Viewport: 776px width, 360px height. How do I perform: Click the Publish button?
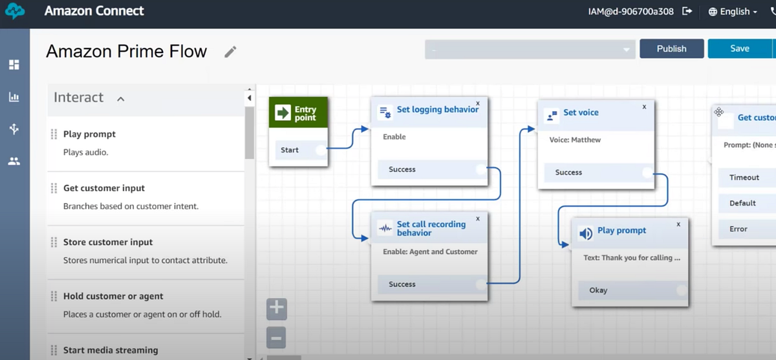click(x=671, y=49)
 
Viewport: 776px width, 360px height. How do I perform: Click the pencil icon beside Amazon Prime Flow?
click(x=230, y=52)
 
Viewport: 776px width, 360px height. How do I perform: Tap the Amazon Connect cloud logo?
click(x=15, y=11)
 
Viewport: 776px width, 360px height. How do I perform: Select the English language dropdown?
click(x=733, y=12)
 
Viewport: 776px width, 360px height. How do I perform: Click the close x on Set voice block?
click(x=644, y=107)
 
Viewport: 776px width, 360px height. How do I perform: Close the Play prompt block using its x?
click(x=678, y=224)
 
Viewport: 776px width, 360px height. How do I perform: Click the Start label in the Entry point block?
click(x=289, y=150)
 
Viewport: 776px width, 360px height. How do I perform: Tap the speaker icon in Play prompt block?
click(x=586, y=234)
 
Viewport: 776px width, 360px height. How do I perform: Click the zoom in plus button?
click(x=277, y=308)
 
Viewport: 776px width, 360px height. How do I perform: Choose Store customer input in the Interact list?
click(x=108, y=242)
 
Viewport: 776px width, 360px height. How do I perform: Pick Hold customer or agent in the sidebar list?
click(x=113, y=296)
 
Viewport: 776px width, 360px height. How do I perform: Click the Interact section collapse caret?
click(x=120, y=100)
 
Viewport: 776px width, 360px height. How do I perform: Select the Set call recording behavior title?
click(x=431, y=228)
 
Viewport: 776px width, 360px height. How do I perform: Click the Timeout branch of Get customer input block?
click(x=744, y=178)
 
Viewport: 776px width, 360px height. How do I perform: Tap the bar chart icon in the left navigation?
click(x=14, y=97)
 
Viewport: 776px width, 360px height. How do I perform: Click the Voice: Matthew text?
click(x=575, y=140)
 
